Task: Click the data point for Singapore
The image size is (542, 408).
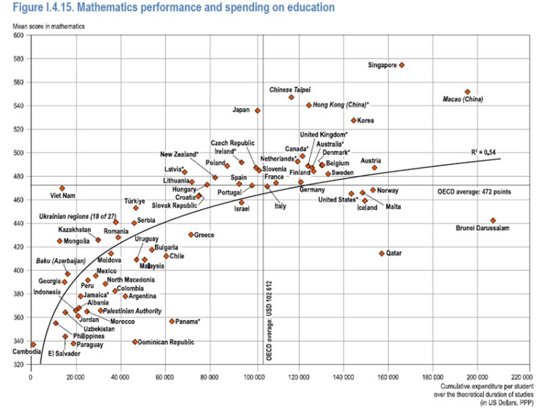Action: (x=402, y=65)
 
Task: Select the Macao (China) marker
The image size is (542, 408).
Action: (x=467, y=91)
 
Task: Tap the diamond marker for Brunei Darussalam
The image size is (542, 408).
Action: (x=493, y=220)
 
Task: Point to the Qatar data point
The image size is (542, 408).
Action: (x=381, y=253)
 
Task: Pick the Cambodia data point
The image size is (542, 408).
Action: (x=33, y=344)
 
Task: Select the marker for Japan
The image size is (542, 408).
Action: (x=257, y=110)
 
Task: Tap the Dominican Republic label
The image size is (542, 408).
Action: (x=167, y=342)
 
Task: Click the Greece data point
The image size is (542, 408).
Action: (x=192, y=234)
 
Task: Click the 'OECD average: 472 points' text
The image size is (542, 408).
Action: (x=480, y=192)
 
